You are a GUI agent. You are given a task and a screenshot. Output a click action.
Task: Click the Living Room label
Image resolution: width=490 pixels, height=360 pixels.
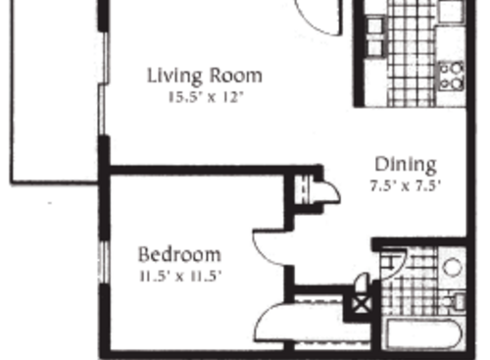(x=205, y=75)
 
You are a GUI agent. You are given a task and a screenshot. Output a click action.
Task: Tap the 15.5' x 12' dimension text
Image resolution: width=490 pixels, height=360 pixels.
(x=205, y=97)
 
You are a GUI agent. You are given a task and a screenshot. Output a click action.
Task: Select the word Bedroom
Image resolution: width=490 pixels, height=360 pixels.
(x=179, y=254)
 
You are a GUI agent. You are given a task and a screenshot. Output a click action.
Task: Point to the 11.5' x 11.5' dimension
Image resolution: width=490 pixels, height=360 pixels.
(x=180, y=276)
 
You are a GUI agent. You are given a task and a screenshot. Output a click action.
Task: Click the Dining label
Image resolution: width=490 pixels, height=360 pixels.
(x=406, y=164)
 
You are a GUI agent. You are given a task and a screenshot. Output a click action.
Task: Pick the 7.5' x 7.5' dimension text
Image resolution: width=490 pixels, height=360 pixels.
(x=406, y=183)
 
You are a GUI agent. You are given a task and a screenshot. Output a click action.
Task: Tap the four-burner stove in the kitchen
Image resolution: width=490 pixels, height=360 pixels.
(x=451, y=76)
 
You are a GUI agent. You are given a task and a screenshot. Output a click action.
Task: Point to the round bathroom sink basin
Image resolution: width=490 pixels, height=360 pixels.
(x=453, y=266)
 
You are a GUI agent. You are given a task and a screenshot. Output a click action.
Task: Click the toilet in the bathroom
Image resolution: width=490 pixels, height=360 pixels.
(x=456, y=299)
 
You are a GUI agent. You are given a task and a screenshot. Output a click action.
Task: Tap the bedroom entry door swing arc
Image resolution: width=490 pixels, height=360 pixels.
(x=269, y=248)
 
